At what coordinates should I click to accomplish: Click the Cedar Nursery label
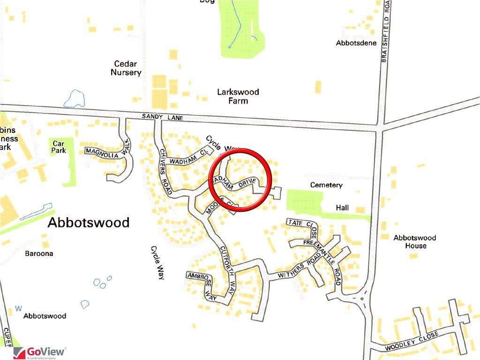click(x=126, y=68)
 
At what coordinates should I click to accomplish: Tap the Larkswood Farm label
click(x=238, y=96)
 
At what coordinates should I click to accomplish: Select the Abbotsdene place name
click(x=356, y=43)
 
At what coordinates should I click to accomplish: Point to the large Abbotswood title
click(x=89, y=223)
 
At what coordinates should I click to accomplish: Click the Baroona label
click(x=39, y=254)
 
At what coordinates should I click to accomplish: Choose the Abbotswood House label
click(x=414, y=241)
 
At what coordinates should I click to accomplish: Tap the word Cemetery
click(x=326, y=185)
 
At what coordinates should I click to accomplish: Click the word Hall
click(x=342, y=208)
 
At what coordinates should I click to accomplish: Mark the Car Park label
click(x=59, y=147)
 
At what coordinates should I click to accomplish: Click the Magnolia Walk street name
click(x=105, y=150)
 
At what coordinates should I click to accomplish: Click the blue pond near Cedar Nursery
click(x=75, y=99)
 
